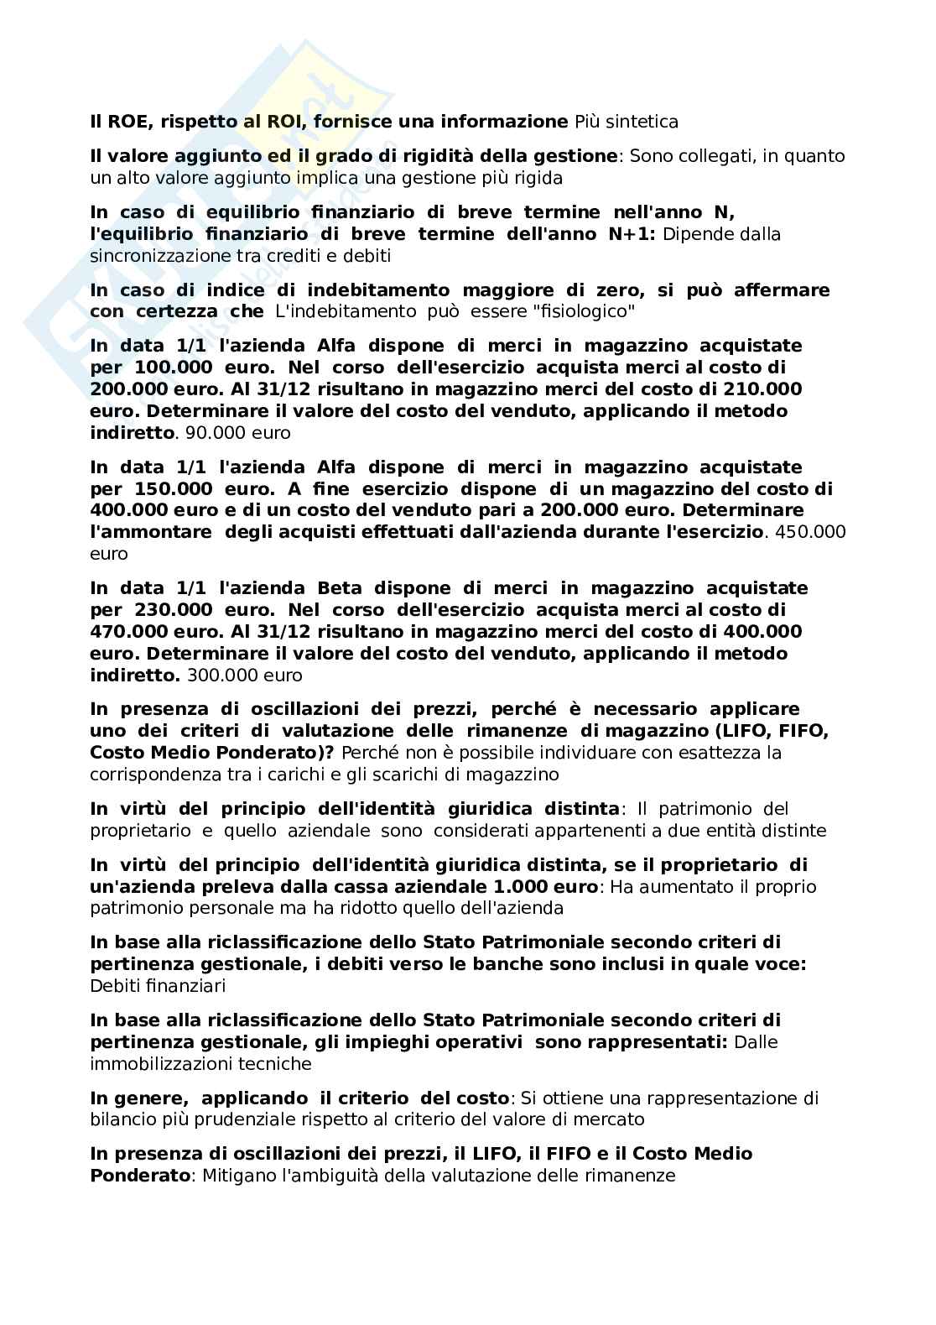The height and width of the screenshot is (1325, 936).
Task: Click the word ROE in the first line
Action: [x=127, y=122]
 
